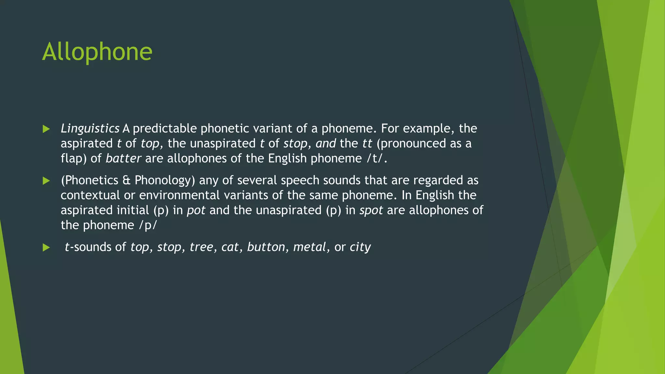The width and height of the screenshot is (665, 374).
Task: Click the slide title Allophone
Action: pos(97,52)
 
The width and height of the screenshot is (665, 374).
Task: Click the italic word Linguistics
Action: pos(90,129)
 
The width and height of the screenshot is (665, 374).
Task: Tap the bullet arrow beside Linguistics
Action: pos(46,129)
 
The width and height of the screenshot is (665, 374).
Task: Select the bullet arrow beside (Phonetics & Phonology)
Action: pos(46,181)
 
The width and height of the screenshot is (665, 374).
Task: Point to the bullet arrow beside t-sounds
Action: pos(46,248)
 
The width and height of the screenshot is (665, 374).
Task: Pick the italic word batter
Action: pos(123,158)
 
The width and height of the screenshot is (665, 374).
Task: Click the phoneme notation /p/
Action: pos(148,225)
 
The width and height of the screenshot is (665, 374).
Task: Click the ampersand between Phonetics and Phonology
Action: pos(126,180)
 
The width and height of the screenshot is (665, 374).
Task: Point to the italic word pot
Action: pos(196,210)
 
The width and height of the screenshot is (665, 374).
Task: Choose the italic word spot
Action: pos(371,210)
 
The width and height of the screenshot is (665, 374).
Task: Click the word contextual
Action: pos(90,195)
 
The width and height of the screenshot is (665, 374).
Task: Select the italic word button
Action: pos(266,247)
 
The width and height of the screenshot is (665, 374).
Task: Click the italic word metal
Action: pos(309,247)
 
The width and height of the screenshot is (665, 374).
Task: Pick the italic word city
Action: pos(360,247)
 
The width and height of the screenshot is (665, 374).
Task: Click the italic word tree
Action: pos(201,247)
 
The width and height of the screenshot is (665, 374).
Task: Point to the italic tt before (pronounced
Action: pos(367,143)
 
